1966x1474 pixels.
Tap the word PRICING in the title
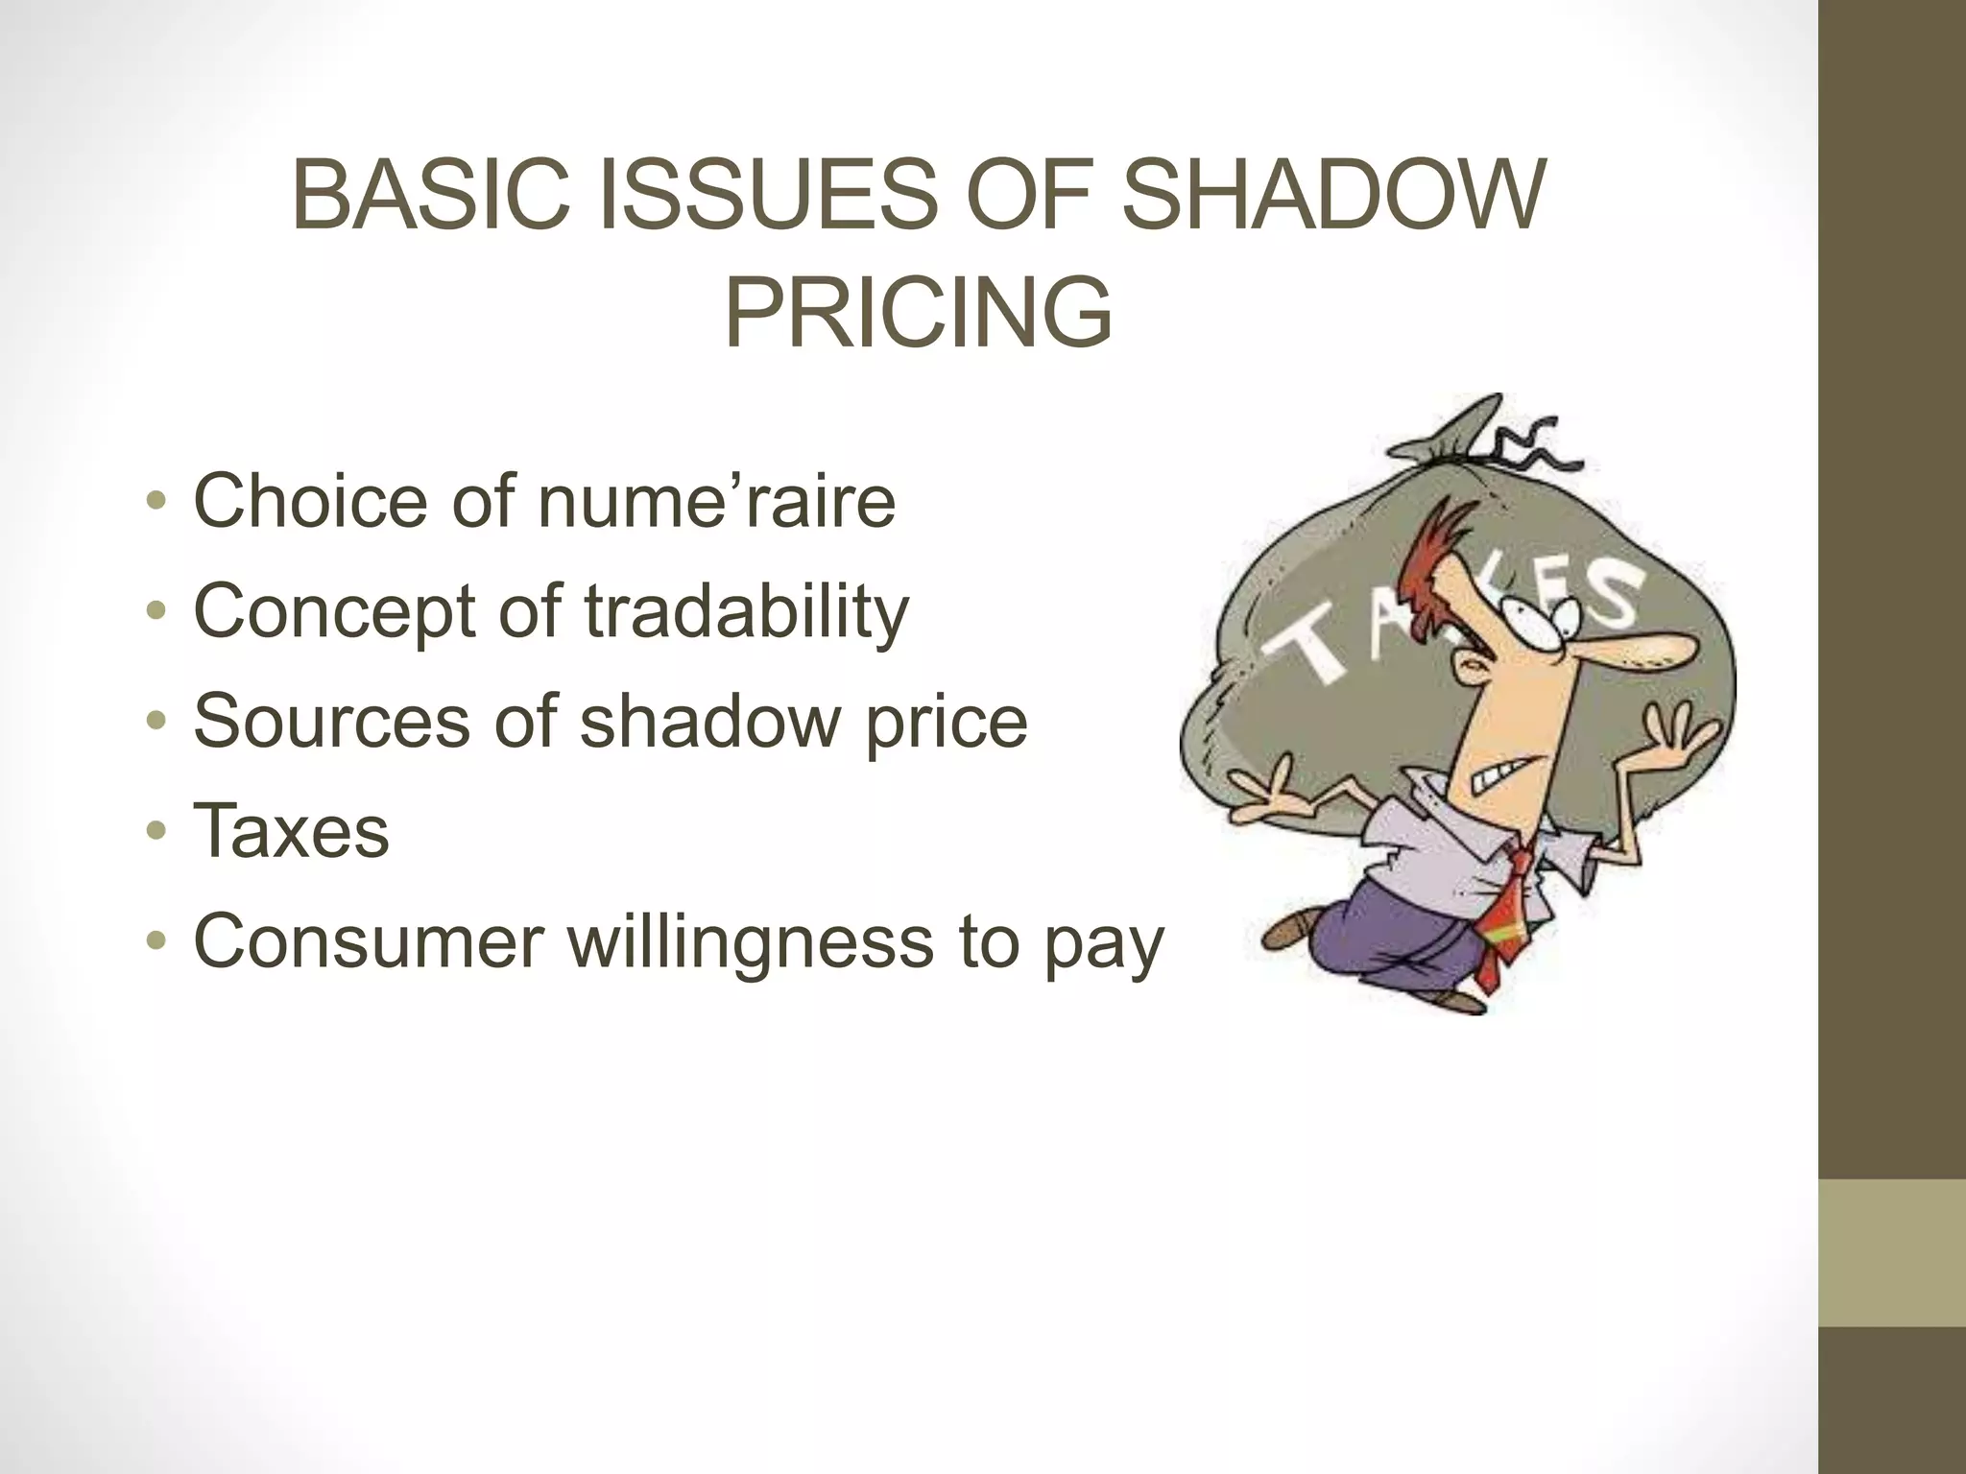(918, 314)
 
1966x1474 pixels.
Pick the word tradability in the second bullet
(746, 611)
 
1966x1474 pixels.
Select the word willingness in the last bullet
(751, 941)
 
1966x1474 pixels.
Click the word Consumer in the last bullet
(370, 941)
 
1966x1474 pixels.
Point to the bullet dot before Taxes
(156, 832)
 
